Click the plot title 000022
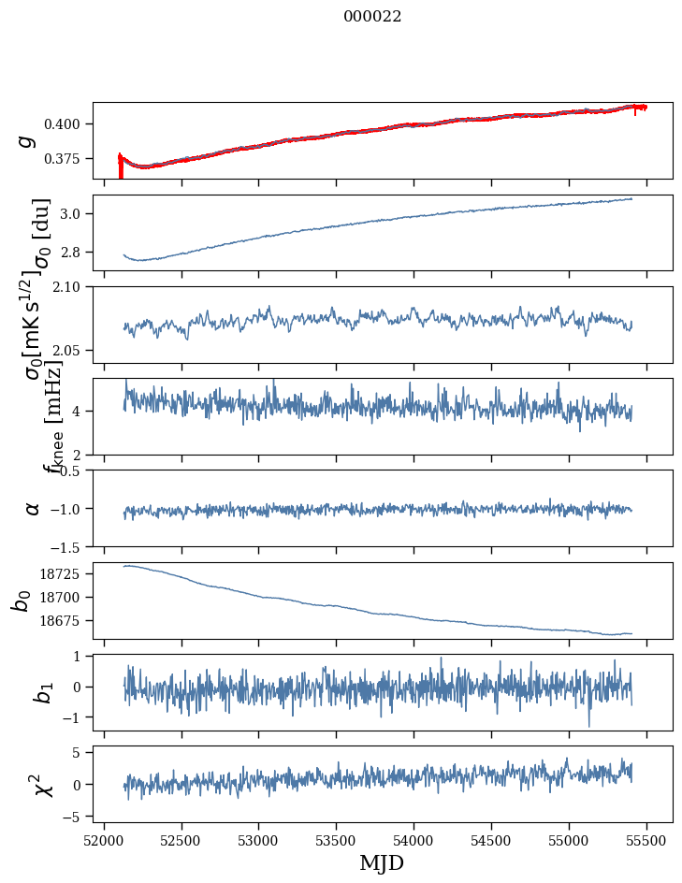point(372,16)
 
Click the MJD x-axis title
point(382,862)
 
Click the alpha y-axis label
point(32,508)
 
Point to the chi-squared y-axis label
point(43,784)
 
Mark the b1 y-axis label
point(42,692)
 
